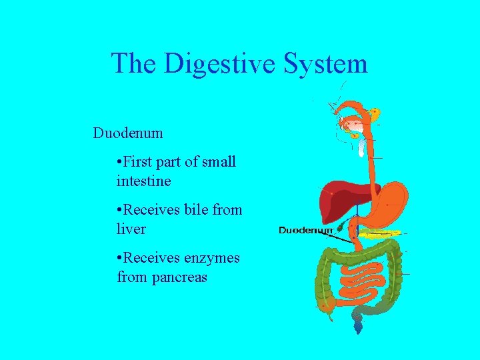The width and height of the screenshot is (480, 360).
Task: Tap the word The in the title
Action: [x=134, y=64]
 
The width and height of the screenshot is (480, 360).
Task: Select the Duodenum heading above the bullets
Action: [x=128, y=133]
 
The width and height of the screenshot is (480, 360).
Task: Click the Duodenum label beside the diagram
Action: [x=305, y=230]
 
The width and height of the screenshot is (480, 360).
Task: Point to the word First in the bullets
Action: [x=139, y=162]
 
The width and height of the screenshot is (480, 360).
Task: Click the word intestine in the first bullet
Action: [x=144, y=181]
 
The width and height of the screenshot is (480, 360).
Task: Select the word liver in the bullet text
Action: [x=131, y=229]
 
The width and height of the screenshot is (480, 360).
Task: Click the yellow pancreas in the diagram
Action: [x=381, y=233]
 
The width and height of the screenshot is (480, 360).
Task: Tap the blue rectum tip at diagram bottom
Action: [x=359, y=327]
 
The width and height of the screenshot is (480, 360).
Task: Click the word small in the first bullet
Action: [x=219, y=162]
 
